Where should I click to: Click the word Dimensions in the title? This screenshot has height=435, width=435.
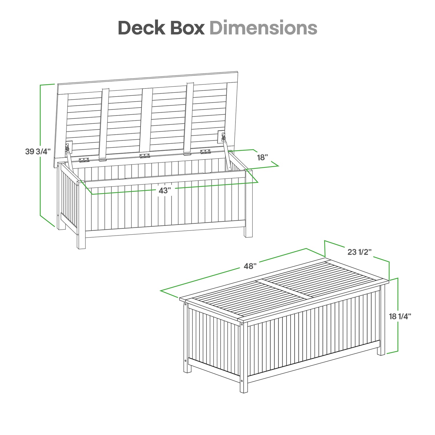tap(263, 28)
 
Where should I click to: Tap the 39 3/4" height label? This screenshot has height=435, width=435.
tap(38, 151)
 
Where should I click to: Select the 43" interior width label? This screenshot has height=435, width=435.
tap(165, 191)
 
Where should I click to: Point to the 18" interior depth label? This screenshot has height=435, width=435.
tap(262, 157)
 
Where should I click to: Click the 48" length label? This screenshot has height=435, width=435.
tap(250, 266)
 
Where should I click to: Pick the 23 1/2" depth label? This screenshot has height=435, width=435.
tap(360, 252)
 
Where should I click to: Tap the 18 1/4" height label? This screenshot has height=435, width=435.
tap(400, 316)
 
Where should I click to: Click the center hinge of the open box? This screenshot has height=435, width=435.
tap(145, 156)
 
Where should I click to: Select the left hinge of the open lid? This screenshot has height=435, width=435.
tap(84, 160)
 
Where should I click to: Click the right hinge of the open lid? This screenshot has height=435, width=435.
tap(205, 151)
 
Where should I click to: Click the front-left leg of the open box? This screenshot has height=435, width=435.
tap(81, 215)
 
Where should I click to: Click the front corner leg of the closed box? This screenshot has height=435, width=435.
tap(244, 357)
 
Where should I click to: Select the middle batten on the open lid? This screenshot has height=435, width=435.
tap(147, 122)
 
